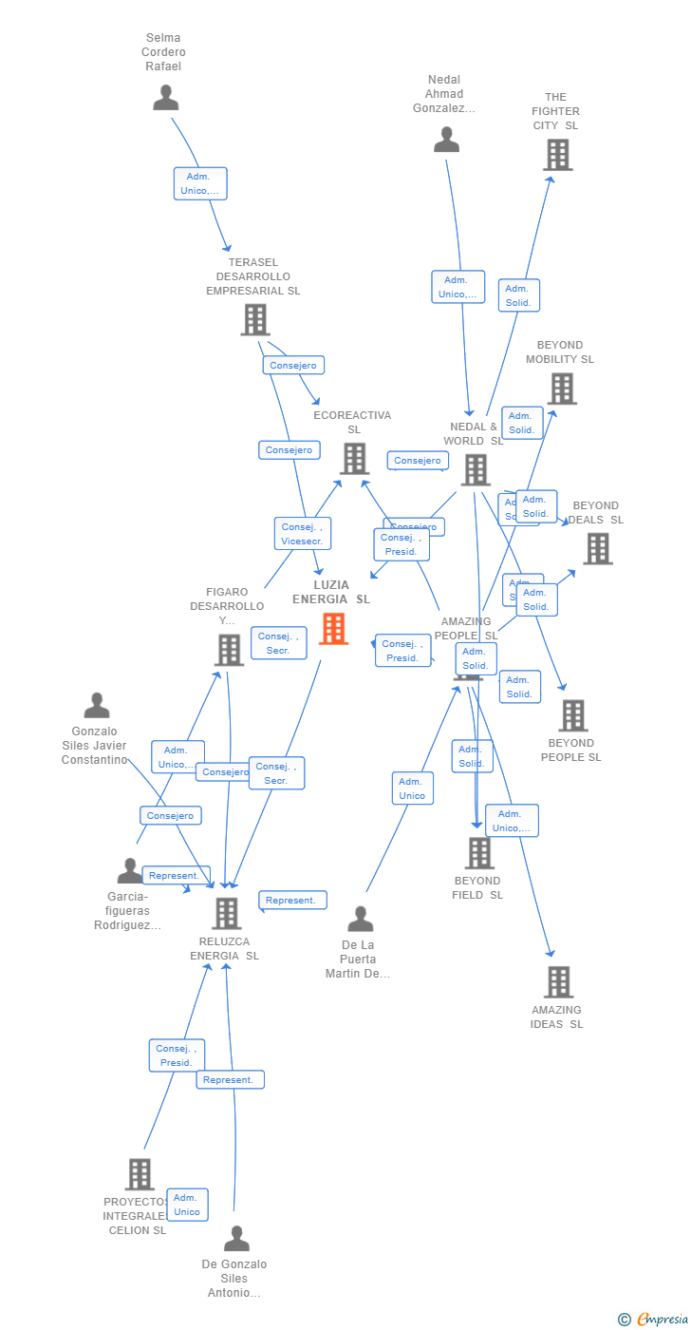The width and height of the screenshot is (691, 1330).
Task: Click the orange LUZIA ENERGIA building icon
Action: point(333,629)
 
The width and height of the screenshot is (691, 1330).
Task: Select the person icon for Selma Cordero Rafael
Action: point(166,98)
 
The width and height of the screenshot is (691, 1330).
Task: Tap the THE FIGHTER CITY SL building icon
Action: point(557,155)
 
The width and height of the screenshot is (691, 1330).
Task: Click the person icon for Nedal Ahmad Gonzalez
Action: point(446,140)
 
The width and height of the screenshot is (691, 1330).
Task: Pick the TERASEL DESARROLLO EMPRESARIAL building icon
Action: point(254,320)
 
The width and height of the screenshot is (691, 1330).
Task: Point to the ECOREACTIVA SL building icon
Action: point(354,459)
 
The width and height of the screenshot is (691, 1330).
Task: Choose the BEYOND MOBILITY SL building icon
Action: point(561,389)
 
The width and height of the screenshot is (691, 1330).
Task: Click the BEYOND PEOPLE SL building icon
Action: point(572,716)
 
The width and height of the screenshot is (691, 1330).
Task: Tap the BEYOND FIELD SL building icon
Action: point(479,853)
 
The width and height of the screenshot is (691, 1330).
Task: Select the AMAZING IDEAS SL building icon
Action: point(558,982)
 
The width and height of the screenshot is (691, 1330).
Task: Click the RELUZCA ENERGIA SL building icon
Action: point(226,914)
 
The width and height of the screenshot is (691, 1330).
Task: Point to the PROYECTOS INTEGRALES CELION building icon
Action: point(139,1174)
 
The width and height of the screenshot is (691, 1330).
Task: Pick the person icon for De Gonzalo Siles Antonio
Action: point(236,1239)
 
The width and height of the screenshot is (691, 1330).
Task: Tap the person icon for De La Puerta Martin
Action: point(360,920)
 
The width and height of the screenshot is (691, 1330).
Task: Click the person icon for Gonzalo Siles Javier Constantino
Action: point(97,706)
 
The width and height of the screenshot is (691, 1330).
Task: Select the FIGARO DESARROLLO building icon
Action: point(229,651)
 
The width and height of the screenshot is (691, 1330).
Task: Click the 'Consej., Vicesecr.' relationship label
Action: point(303,534)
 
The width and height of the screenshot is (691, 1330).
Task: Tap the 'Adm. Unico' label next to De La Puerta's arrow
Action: point(412,788)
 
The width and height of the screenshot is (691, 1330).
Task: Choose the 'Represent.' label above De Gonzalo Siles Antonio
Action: point(230,1079)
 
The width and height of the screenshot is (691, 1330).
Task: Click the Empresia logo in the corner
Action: point(661,1319)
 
